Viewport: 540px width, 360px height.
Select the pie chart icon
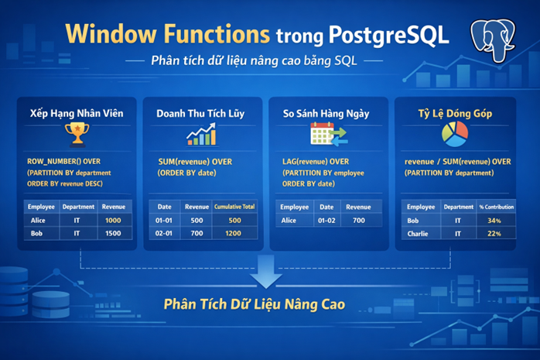click(454, 134)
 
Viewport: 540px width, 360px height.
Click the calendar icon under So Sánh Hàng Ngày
click(326, 135)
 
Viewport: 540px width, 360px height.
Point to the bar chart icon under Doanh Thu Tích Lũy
click(200, 135)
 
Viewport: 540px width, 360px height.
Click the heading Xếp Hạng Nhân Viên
click(75, 113)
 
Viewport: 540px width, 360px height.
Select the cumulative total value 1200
click(233, 233)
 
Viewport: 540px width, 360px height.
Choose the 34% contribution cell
click(495, 220)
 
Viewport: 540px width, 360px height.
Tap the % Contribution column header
click(495, 207)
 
